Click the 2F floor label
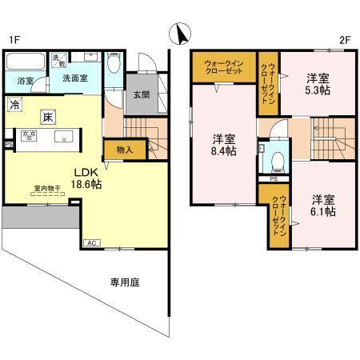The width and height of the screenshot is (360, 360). [345, 38]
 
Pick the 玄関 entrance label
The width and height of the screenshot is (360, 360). [141, 95]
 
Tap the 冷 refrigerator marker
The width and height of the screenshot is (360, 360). [15, 104]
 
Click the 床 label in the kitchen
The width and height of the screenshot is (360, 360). [49, 117]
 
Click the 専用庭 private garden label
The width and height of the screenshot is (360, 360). [126, 282]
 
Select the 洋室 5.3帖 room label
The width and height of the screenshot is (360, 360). [318, 84]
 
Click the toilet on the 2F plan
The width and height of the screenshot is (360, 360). [278, 161]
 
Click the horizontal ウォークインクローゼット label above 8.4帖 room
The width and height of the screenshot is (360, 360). [223, 66]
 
